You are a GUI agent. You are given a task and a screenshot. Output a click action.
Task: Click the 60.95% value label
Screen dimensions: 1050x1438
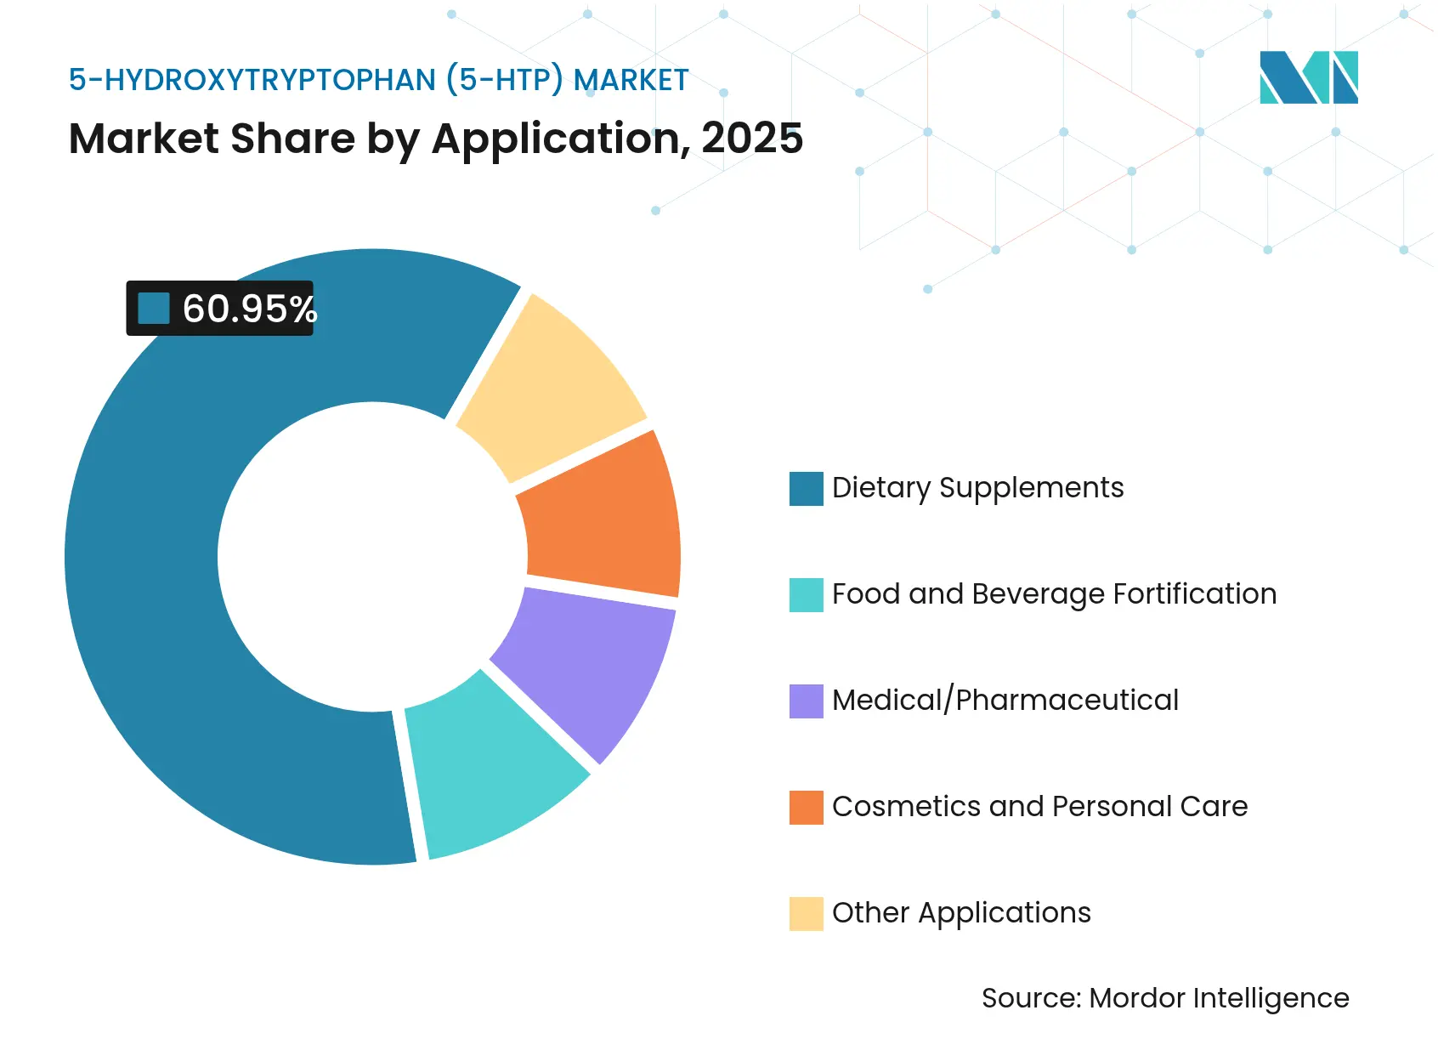(249, 309)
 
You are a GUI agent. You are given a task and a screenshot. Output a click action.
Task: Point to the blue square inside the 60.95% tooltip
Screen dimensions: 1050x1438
(154, 309)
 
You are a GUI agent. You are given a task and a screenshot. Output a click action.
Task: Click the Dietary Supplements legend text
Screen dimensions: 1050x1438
(977, 488)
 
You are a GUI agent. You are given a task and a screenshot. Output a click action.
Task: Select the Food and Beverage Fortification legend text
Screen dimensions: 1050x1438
(1054, 594)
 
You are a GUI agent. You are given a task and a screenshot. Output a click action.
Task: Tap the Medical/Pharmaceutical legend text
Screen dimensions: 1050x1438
(1005, 701)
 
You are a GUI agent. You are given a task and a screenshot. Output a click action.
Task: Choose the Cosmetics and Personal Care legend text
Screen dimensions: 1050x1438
(1039, 807)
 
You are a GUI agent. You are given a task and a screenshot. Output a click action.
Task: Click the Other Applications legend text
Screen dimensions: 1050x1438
(960, 913)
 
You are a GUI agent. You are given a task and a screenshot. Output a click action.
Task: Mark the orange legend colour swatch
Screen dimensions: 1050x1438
(806, 808)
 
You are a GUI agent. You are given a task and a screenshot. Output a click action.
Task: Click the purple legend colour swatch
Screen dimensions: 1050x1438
(806, 701)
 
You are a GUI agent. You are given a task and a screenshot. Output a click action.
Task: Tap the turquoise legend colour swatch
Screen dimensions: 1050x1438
(806, 595)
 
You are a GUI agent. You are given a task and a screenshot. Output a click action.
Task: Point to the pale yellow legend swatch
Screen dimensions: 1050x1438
(806, 914)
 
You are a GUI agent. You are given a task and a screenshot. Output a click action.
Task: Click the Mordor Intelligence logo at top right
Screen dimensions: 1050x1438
(1308, 77)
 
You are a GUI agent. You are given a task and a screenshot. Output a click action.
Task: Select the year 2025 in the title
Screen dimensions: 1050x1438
(752, 139)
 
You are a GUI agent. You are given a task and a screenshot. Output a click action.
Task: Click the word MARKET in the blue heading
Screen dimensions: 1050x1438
(631, 80)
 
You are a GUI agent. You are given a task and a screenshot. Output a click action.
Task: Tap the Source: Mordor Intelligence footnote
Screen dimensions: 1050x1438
(1164, 998)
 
